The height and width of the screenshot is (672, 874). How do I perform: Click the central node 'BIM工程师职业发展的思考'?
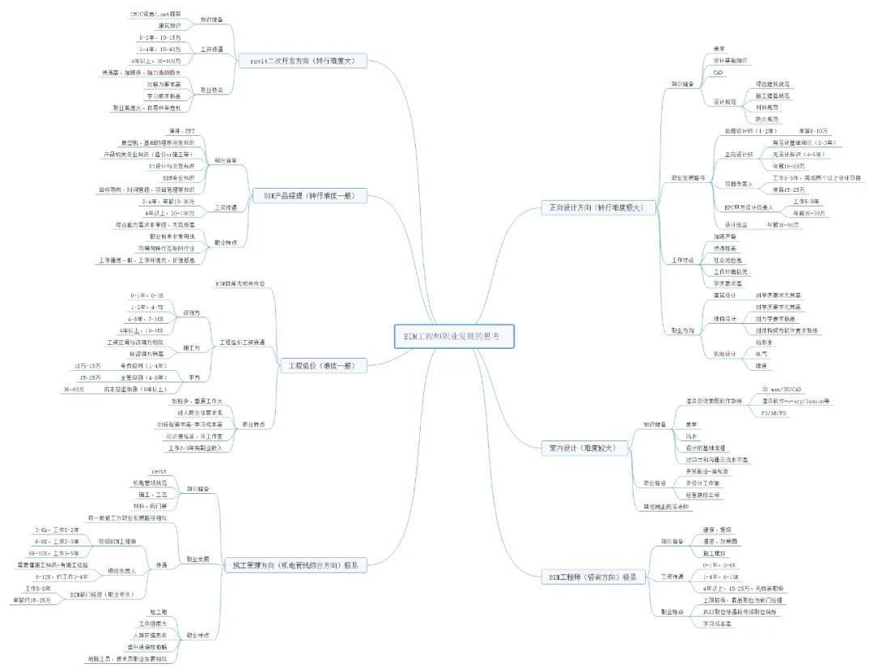453,336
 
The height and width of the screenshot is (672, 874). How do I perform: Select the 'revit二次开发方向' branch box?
303,61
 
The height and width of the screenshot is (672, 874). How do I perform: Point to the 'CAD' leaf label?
717,72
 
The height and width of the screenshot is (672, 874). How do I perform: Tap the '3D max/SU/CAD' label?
781,388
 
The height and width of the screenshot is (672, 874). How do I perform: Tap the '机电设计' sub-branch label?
725,354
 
